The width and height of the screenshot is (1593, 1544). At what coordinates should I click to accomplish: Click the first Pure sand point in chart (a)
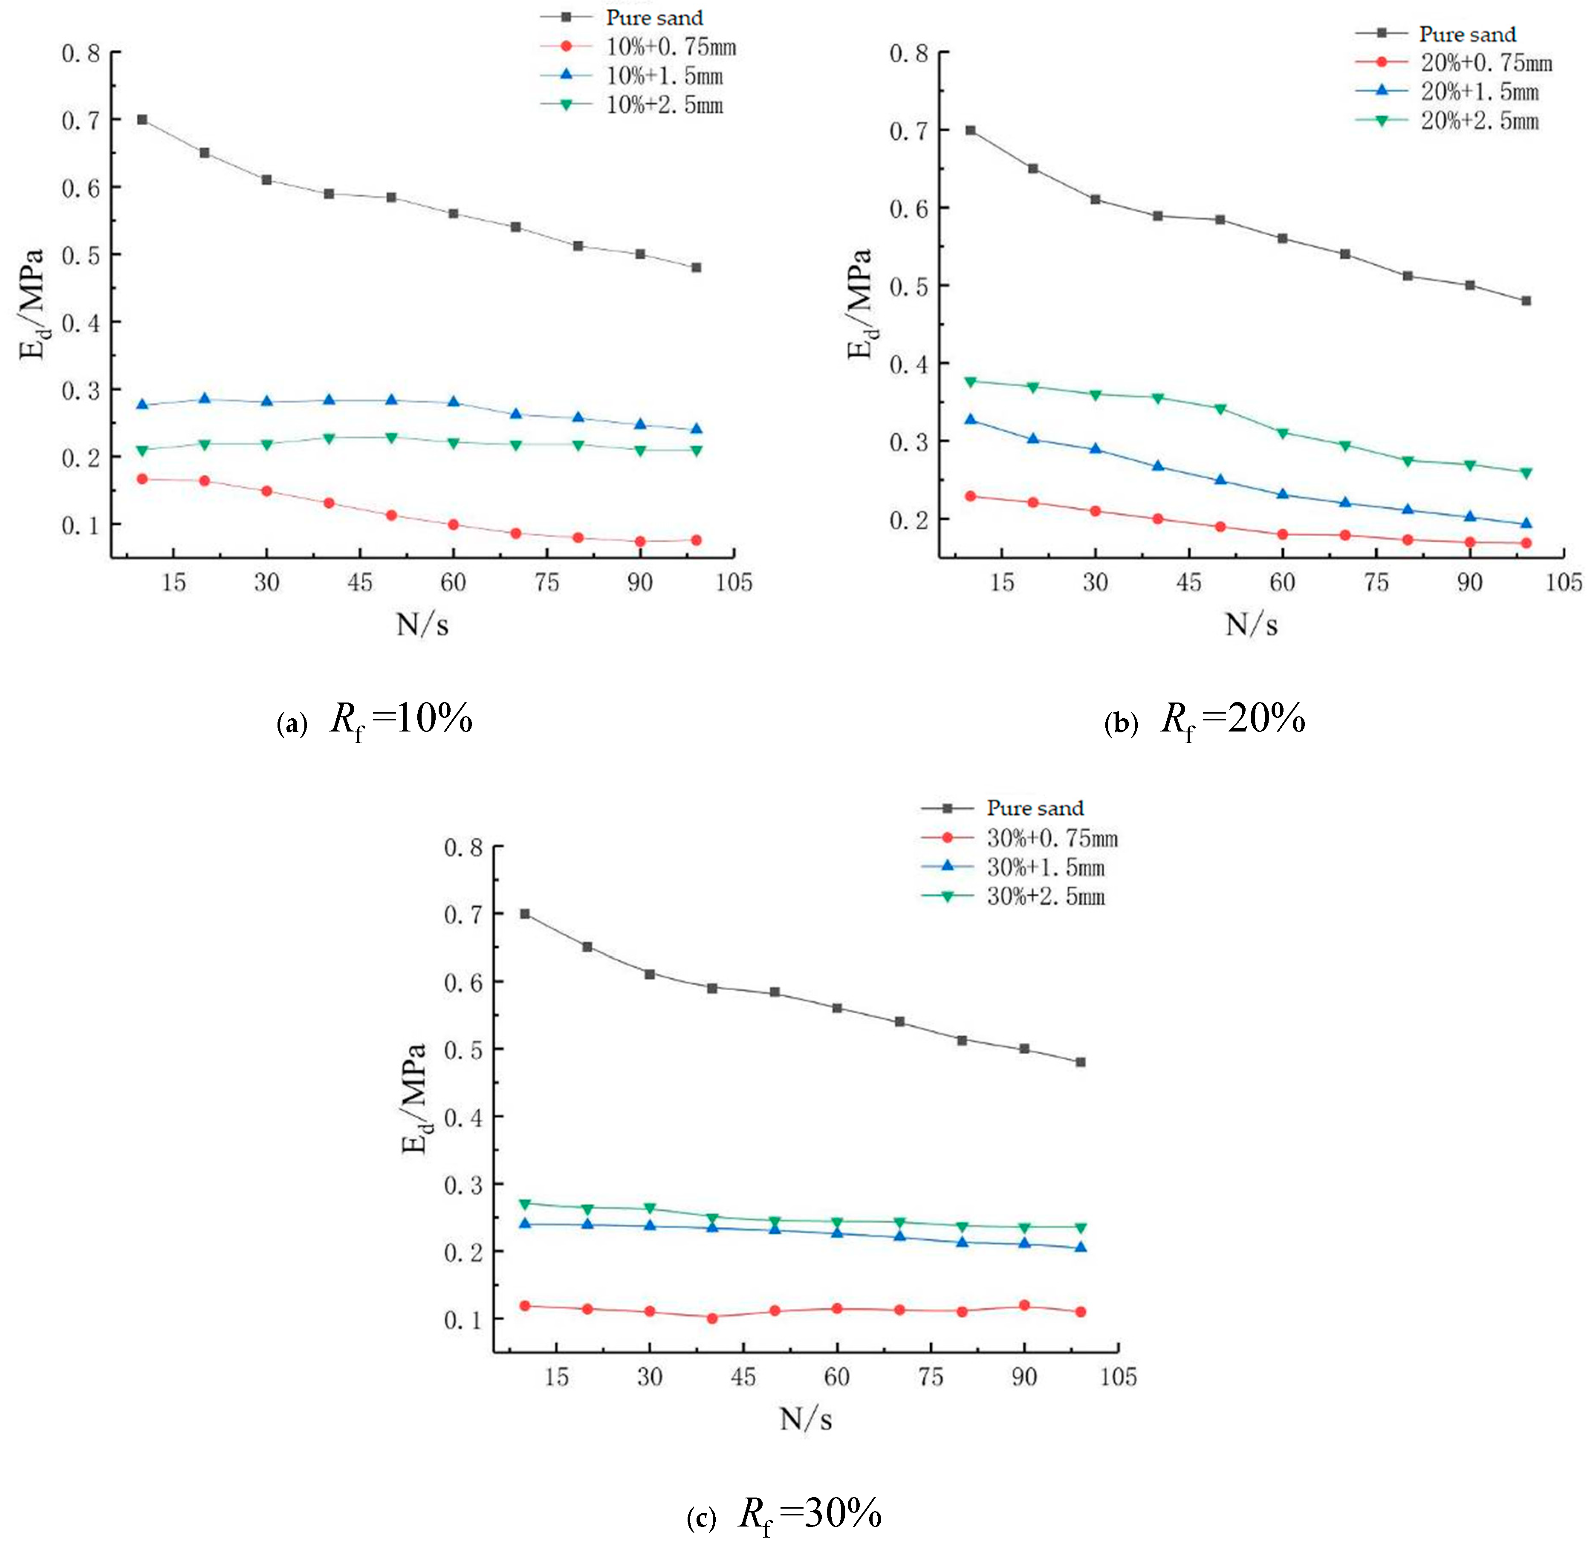[142, 119]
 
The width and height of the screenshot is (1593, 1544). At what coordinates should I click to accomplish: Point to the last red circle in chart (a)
[697, 540]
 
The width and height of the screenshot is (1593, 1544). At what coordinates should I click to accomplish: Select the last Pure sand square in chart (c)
[1080, 1062]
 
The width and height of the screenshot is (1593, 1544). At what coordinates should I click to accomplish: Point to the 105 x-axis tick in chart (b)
[1563, 582]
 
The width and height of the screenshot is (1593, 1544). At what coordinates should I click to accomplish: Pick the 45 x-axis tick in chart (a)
[360, 582]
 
